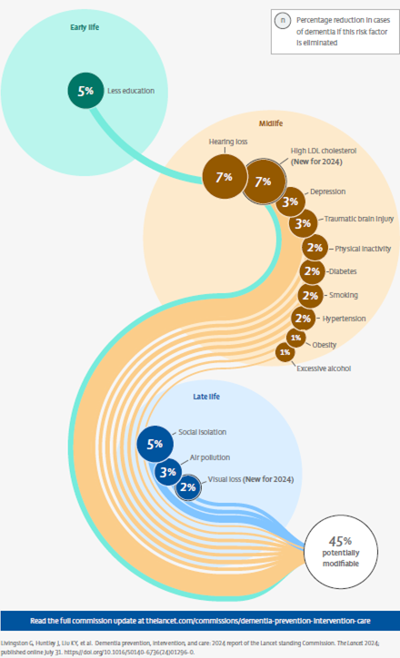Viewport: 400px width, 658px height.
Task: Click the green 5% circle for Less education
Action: click(86, 91)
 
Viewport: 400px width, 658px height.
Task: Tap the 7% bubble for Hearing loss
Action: click(225, 177)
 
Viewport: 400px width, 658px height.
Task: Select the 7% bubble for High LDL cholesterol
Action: click(264, 182)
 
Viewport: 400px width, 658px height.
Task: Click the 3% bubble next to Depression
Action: click(290, 201)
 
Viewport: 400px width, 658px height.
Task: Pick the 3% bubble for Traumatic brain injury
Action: click(303, 223)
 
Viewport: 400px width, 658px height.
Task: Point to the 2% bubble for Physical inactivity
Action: click(315, 248)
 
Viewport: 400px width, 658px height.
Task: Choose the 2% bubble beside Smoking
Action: click(311, 296)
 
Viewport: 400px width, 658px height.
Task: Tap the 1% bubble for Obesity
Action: click(296, 338)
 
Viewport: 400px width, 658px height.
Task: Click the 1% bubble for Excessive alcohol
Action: click(285, 352)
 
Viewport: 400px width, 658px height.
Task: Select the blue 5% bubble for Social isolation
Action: click(155, 444)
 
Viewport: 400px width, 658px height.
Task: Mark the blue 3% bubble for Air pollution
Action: click(167, 472)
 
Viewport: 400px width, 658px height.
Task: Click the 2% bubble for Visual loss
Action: click(188, 487)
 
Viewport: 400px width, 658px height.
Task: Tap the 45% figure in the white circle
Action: click(340, 541)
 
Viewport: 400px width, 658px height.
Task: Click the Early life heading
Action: click(85, 27)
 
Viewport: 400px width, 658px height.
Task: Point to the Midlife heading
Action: click(271, 123)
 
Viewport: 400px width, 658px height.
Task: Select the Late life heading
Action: click(206, 397)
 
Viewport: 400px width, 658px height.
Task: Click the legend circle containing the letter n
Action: click(283, 20)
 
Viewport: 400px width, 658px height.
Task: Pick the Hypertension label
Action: click(345, 319)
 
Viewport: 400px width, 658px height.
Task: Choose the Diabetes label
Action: click(343, 271)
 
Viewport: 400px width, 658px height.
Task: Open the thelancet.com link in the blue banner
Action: click(258, 621)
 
